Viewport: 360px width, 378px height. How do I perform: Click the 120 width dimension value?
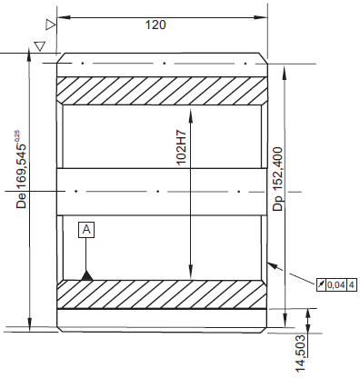point(155,25)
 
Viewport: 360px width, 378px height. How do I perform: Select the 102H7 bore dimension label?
point(181,147)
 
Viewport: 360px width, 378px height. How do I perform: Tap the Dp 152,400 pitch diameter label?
point(277,179)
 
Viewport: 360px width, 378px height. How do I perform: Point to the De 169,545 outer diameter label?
point(21,176)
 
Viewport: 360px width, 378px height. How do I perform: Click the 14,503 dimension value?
point(300,353)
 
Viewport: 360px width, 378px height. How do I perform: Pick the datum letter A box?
point(86,230)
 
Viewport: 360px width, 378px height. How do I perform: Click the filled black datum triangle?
point(87,275)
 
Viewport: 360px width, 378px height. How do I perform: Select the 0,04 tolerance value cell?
point(336,284)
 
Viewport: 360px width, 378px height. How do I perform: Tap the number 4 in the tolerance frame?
point(352,284)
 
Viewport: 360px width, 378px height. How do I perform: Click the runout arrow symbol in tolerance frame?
point(321,284)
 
